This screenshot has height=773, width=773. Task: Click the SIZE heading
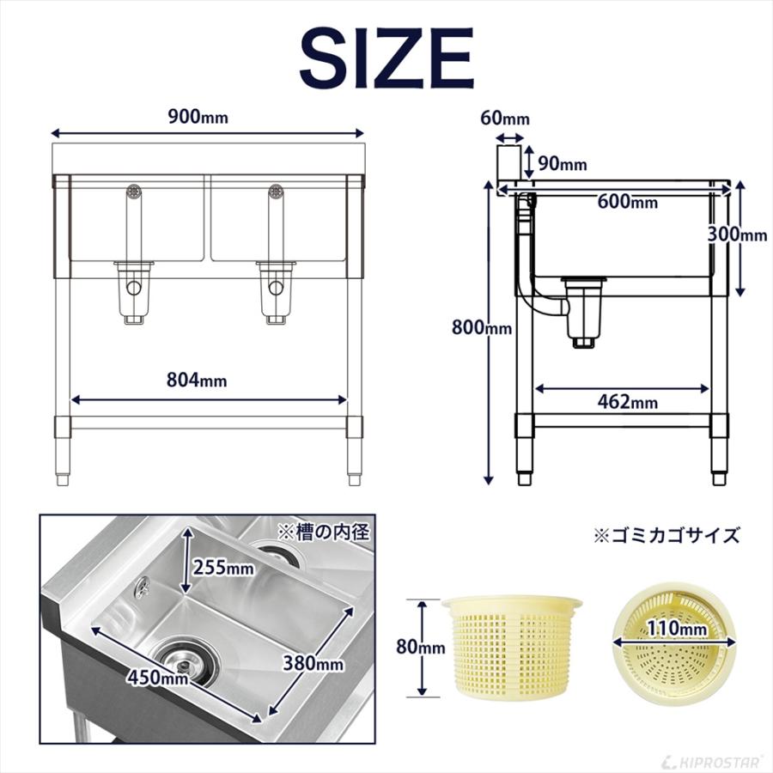point(386,58)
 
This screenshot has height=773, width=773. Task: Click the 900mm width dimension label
point(198,118)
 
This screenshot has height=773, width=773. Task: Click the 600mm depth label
point(630,202)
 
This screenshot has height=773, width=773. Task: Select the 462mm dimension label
point(628,401)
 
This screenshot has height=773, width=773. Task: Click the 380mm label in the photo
point(313,663)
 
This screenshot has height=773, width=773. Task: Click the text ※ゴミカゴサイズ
point(666,536)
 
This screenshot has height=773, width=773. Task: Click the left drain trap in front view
point(134,292)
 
